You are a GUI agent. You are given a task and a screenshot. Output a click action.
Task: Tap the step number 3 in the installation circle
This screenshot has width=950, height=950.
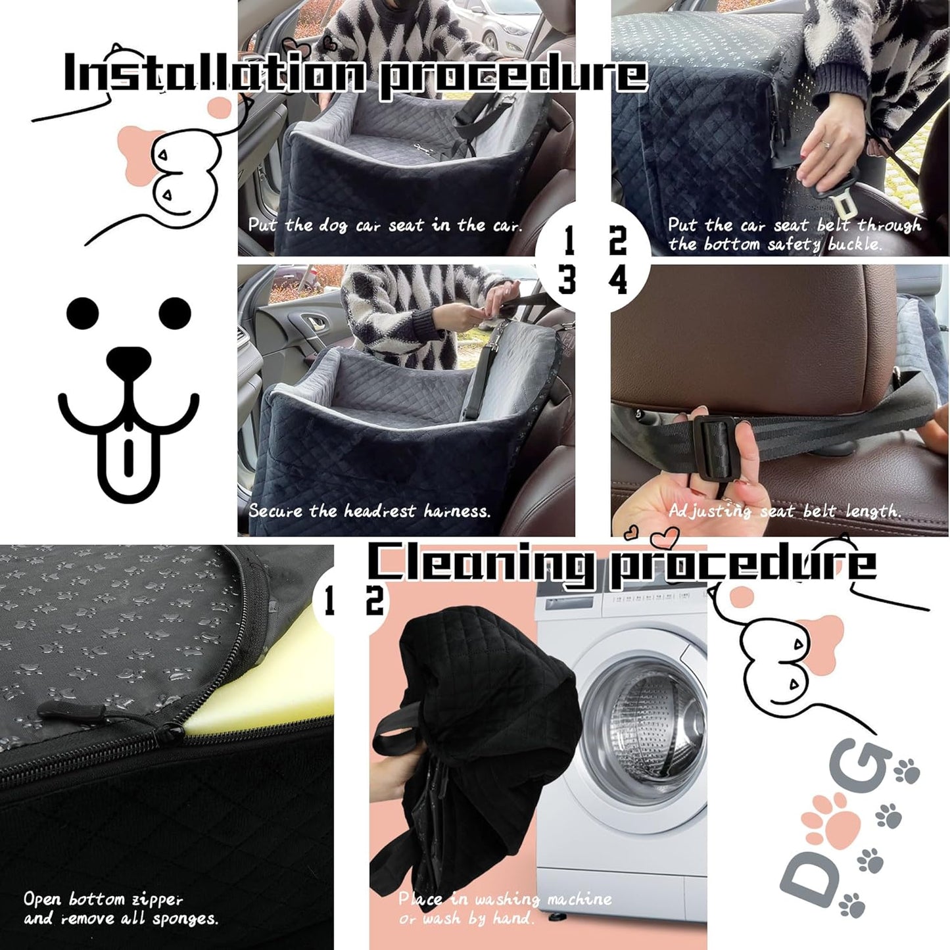click(x=567, y=280)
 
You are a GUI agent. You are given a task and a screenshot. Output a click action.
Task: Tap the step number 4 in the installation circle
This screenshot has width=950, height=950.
click(x=618, y=281)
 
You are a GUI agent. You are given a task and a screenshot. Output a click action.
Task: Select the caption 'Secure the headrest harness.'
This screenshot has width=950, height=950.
click(x=369, y=511)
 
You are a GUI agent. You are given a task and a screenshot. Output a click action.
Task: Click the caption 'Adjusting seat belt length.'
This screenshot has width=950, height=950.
click(x=784, y=511)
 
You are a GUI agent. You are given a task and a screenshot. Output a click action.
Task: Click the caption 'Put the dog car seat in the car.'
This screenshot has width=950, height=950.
click(x=385, y=226)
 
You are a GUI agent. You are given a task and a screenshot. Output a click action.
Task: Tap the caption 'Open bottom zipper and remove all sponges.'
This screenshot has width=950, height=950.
click(x=120, y=908)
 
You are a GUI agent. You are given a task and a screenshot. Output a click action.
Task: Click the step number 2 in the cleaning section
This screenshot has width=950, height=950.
click(x=375, y=600)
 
